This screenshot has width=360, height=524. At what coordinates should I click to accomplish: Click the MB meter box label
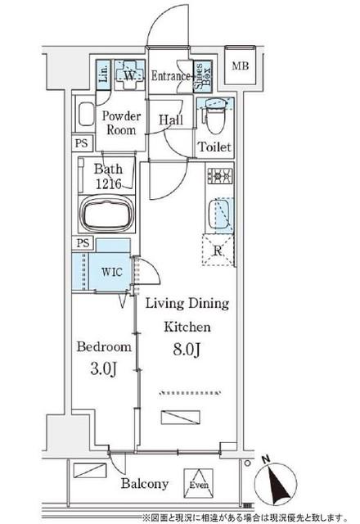[x=241, y=65]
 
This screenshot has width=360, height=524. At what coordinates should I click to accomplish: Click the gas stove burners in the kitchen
[x=220, y=175]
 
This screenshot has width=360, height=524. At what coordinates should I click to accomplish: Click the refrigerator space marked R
[x=218, y=251]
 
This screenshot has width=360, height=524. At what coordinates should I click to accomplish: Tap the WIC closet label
[x=112, y=272]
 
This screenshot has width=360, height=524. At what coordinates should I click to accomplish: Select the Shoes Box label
[x=203, y=76]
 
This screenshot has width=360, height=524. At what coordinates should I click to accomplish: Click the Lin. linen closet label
[x=104, y=74]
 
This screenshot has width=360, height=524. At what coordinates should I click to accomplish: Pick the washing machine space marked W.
[x=129, y=75]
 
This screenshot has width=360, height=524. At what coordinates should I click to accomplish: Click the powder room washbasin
[x=86, y=115]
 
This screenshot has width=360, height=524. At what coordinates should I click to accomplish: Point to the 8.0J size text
[x=187, y=350]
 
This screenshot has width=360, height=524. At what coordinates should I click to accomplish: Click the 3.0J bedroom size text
[x=104, y=369]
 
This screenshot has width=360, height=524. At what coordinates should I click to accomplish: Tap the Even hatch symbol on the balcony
[x=199, y=484]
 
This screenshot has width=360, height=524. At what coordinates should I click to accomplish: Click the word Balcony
[x=145, y=484]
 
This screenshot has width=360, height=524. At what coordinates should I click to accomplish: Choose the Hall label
[x=171, y=120]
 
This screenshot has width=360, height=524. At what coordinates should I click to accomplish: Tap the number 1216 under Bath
[x=109, y=183]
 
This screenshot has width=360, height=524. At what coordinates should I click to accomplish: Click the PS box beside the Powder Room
[x=82, y=143]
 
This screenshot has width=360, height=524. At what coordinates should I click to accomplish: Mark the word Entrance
[x=171, y=76]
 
